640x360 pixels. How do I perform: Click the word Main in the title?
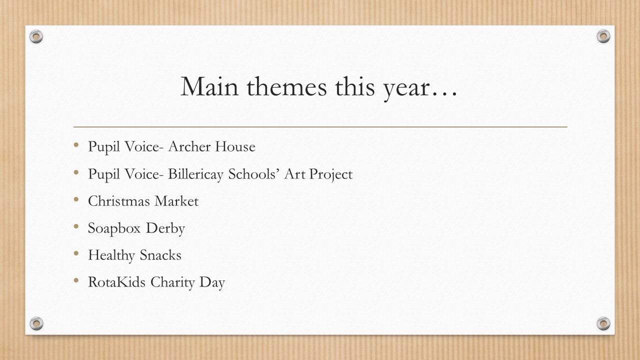coord(209,86)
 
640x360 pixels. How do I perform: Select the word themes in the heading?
coord(286,86)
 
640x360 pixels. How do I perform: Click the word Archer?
coord(189,146)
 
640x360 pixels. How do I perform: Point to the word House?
coord(235,146)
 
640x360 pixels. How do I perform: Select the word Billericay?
coord(195,174)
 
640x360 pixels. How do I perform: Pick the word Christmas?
coord(119,201)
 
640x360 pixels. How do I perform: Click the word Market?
coord(176,201)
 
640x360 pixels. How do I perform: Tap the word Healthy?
coord(111,255)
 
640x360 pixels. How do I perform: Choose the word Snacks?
coord(160,255)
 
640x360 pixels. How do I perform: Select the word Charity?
coord(172,283)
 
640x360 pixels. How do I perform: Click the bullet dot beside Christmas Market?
coord(76,199)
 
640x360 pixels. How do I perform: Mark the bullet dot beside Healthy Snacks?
coord(76,253)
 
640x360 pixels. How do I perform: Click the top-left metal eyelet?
coord(36,36)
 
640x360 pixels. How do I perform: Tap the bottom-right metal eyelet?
coord(603,323)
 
